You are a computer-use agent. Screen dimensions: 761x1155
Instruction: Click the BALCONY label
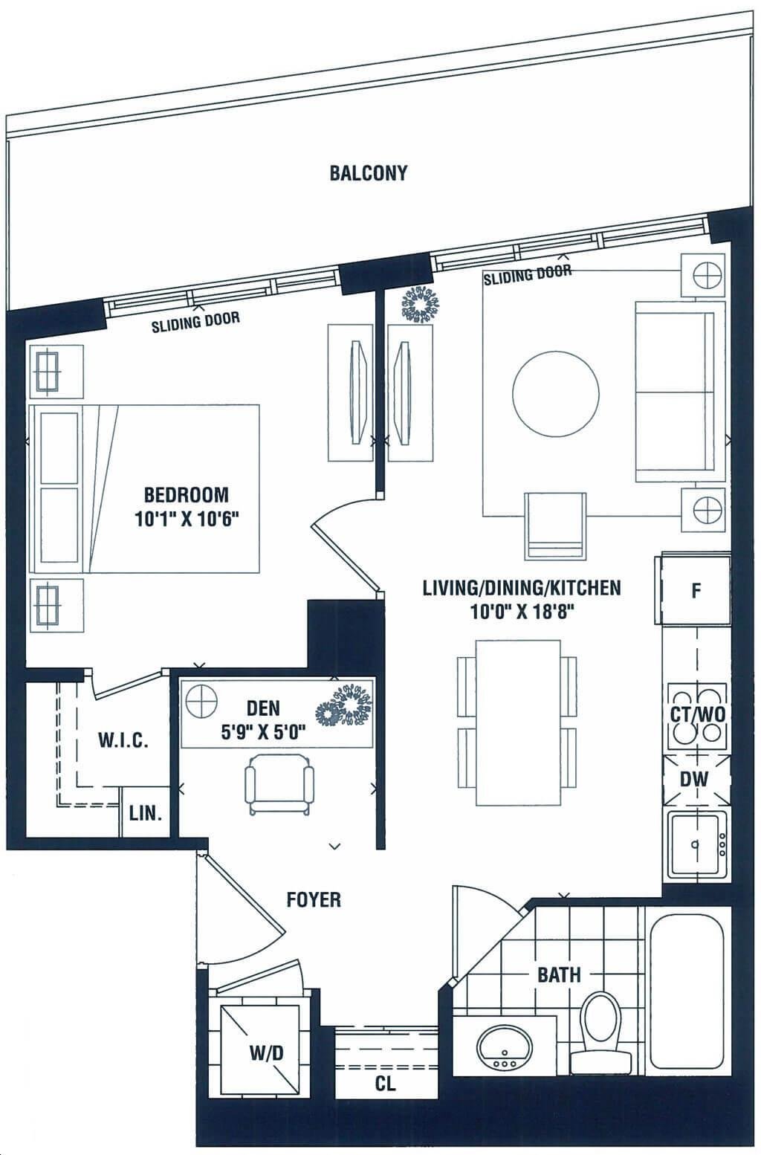pos(368,173)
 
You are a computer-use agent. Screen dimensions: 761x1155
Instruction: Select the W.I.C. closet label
pos(123,741)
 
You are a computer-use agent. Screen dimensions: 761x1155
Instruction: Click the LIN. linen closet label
pos(146,814)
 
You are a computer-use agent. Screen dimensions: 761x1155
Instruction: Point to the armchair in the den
pos(279,783)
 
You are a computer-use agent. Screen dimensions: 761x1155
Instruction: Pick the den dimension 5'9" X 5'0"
pos(264,732)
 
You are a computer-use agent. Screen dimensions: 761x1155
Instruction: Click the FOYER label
pos(314,900)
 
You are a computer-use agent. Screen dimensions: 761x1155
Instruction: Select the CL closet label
pos(385,1084)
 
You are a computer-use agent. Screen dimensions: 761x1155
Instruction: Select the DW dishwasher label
pos(694,780)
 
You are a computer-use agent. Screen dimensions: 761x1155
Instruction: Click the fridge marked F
pos(696,590)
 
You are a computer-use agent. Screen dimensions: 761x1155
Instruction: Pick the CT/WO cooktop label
pos(698,715)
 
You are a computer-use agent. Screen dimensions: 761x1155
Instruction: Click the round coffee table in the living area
pos(556,394)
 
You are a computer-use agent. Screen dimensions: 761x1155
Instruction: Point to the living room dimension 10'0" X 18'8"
pos(522,612)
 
